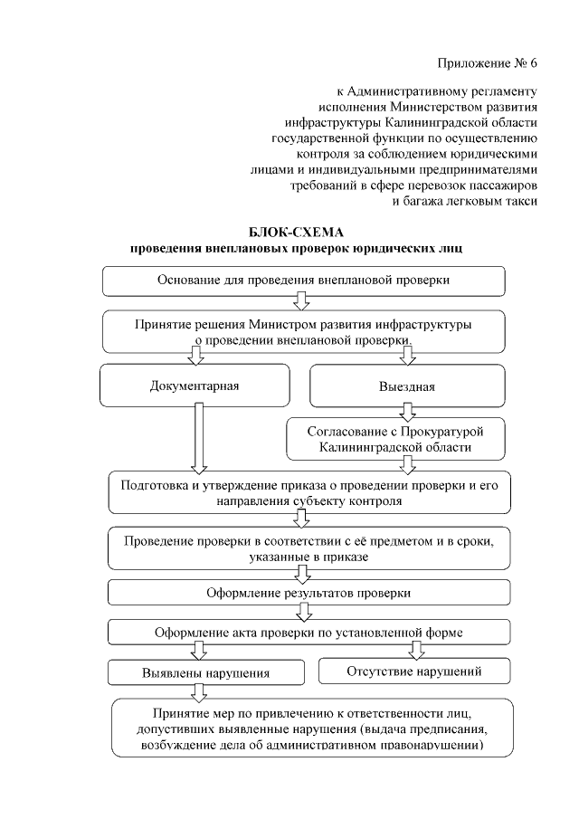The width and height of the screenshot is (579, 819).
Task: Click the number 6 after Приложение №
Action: [x=533, y=63]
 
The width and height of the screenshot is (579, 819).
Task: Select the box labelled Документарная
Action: [x=195, y=386]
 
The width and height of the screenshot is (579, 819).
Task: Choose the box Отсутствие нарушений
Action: [x=414, y=671]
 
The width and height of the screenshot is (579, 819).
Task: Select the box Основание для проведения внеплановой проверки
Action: [x=303, y=280]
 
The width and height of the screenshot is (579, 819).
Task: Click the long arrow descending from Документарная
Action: [x=200, y=438]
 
